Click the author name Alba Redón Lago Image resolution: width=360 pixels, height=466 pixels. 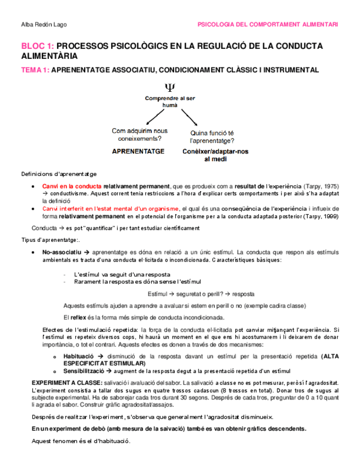(43, 25)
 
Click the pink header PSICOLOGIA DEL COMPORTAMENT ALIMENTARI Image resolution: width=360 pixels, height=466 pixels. (267, 25)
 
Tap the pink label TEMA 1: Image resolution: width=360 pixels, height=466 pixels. (35, 70)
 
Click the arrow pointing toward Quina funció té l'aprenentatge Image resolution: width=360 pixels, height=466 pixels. (189, 117)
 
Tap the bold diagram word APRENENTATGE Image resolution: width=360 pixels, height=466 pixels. (139, 151)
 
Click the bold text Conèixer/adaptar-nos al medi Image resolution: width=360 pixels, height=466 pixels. (215, 155)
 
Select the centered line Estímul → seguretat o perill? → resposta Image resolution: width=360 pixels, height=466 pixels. (201, 293)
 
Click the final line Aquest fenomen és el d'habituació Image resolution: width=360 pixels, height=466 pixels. (81, 441)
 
